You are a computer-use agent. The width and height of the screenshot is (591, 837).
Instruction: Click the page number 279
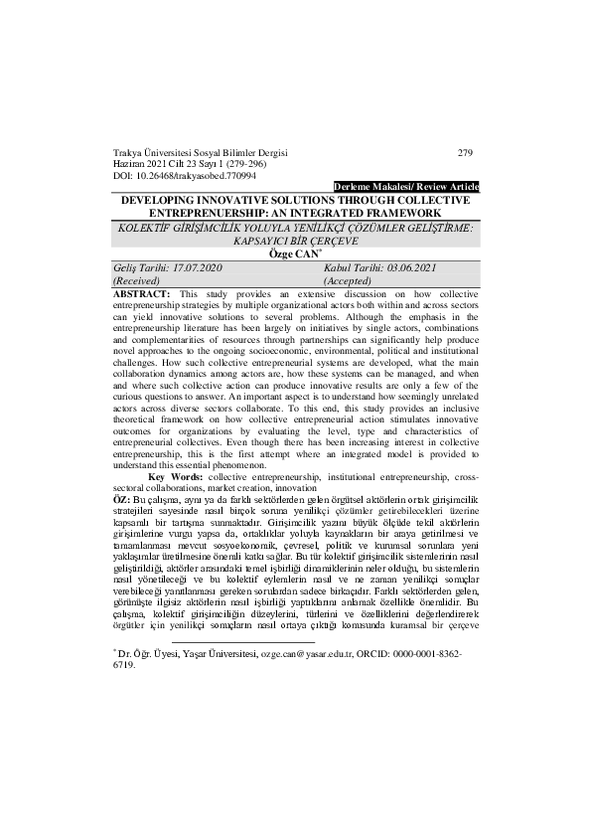[465, 152]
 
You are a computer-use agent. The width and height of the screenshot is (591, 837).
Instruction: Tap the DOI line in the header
[185, 175]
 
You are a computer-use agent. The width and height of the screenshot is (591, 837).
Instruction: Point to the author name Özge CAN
[294, 252]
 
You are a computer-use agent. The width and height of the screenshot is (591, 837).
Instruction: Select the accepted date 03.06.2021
[410, 268]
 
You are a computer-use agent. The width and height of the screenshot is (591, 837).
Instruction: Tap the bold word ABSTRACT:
[142, 295]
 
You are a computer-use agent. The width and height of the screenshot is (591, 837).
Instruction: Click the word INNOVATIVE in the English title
[218, 200]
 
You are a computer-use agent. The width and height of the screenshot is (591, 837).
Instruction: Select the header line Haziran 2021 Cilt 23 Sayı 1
[173, 163]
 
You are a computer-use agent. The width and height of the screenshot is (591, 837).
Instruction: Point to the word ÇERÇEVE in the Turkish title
[338, 240]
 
